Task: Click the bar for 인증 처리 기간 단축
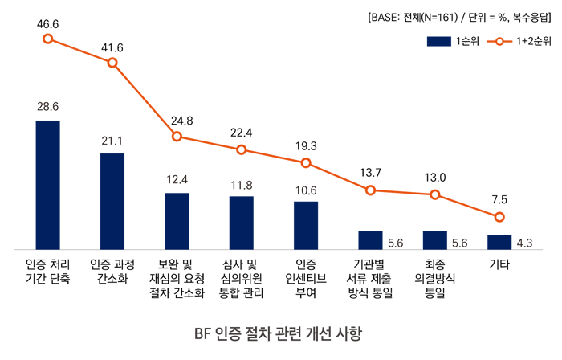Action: click(48, 184)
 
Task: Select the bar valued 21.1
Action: click(112, 200)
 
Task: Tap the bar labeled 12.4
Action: click(177, 220)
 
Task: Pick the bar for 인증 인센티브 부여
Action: click(306, 224)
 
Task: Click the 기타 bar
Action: click(499, 241)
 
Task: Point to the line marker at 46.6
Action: click(48, 39)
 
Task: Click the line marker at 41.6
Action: click(112, 62)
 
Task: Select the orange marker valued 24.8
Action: click(177, 136)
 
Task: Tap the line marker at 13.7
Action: click(370, 190)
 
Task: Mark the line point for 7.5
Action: click(499, 217)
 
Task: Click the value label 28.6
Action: click(48, 106)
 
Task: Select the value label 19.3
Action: click(306, 146)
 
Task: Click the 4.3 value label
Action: click(524, 243)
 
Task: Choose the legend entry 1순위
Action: click(453, 40)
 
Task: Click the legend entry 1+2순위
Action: click(521, 40)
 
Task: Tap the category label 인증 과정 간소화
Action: click(112, 271)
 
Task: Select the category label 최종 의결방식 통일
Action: click(435, 278)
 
